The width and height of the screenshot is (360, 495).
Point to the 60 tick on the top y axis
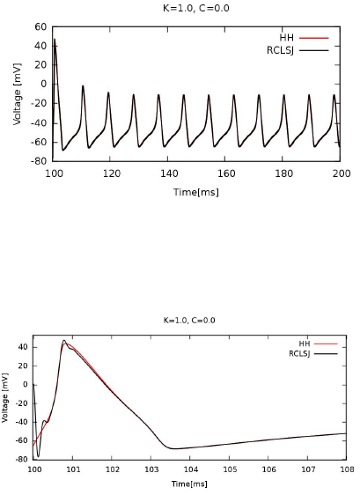[x=40, y=27]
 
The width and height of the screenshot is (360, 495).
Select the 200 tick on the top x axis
[x=341, y=174]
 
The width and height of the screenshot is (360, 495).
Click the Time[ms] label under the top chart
[x=196, y=192]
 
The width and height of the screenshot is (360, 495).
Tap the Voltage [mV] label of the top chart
[x=17, y=94]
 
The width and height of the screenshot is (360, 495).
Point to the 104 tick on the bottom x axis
[x=190, y=470]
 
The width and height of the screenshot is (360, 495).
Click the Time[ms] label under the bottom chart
[x=189, y=484]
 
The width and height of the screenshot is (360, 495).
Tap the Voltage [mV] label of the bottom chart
[x=6, y=398]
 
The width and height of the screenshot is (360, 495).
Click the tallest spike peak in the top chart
[x=55, y=40]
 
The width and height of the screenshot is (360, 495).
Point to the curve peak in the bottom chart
[x=63, y=341]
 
